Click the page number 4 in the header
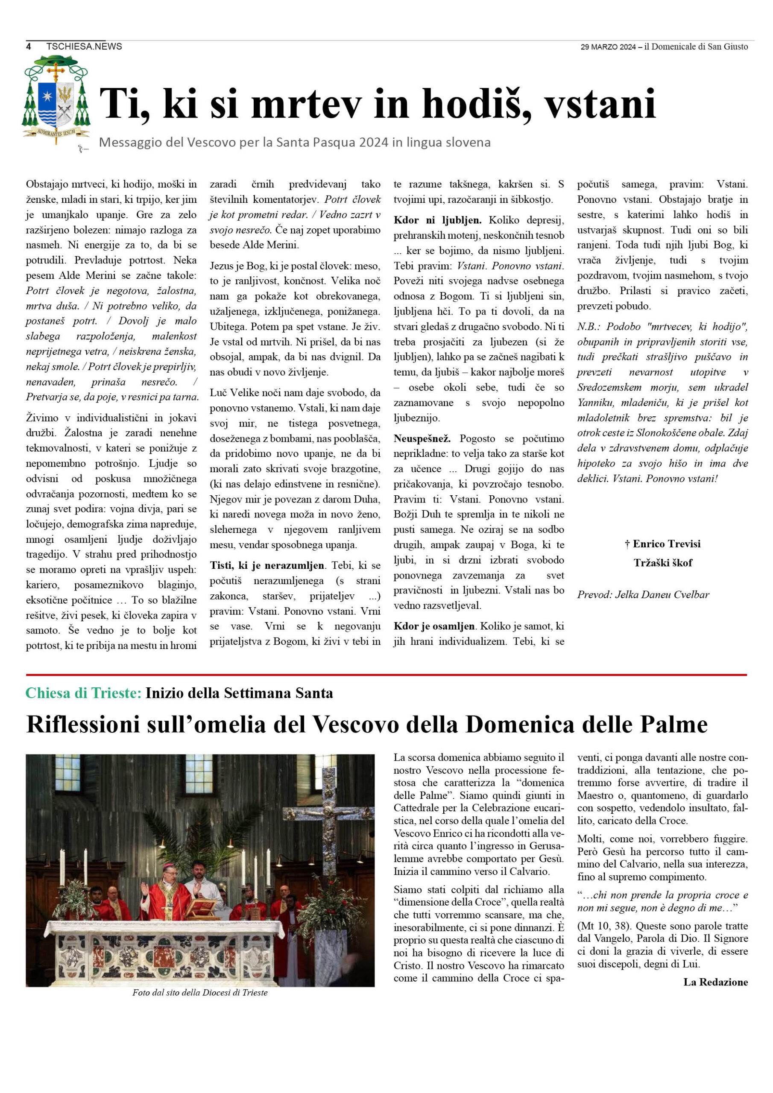(x=29, y=46)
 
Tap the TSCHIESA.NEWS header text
(x=84, y=46)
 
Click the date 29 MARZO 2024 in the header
(x=608, y=47)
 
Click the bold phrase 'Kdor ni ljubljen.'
(x=437, y=220)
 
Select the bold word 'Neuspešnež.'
(x=422, y=438)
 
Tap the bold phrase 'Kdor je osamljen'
(x=434, y=626)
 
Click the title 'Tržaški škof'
(x=662, y=563)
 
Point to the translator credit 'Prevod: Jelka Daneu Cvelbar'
(x=643, y=595)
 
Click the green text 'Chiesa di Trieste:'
(x=83, y=693)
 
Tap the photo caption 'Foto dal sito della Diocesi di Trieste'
(x=199, y=993)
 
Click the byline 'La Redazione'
(x=715, y=982)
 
